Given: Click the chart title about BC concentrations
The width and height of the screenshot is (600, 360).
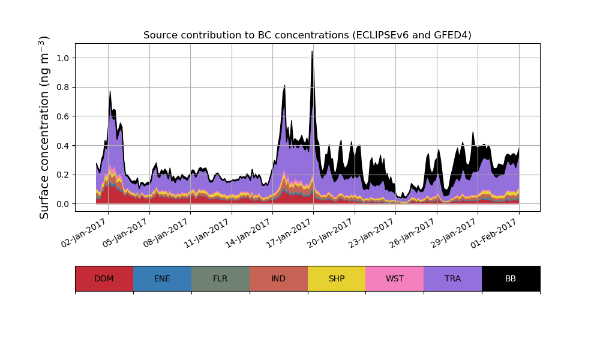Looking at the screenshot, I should click(x=307, y=35).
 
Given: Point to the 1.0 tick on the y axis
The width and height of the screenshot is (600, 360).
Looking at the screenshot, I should click(x=62, y=58).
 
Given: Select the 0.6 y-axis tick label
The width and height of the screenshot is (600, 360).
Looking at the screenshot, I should click(x=62, y=116).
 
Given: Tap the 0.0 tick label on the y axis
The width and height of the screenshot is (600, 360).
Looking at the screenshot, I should click(x=62, y=204).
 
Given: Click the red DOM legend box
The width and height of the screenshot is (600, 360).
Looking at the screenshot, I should click(x=104, y=278).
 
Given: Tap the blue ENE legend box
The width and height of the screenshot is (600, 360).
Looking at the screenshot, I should click(x=162, y=278).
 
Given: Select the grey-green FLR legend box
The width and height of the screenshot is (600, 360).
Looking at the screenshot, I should click(x=220, y=278).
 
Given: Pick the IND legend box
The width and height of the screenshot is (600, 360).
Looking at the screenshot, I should click(x=278, y=278).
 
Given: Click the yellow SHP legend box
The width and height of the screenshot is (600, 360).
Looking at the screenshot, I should click(x=337, y=278).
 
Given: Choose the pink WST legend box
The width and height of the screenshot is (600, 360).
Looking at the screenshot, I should click(x=395, y=278).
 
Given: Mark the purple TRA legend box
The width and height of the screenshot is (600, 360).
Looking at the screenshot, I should click(x=453, y=278).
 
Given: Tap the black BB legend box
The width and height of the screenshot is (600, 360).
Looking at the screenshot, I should click(x=511, y=278).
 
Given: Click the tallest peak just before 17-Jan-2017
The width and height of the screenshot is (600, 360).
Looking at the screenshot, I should click(x=312, y=52).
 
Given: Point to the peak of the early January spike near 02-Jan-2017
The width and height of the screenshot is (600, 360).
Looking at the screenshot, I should click(x=110, y=91).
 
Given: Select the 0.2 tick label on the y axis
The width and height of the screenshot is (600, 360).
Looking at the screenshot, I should click(x=62, y=175).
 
